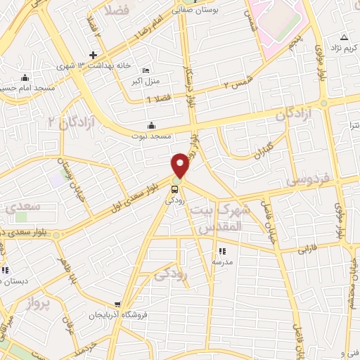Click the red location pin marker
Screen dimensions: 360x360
180,165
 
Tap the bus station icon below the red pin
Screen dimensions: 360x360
174,188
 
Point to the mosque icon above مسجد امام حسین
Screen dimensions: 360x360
25,77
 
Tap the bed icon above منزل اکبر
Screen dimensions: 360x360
146,71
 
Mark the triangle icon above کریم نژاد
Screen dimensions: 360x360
344,37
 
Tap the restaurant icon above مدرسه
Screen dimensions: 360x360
222,251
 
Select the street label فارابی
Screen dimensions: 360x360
307,249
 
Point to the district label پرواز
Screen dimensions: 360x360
40,304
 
